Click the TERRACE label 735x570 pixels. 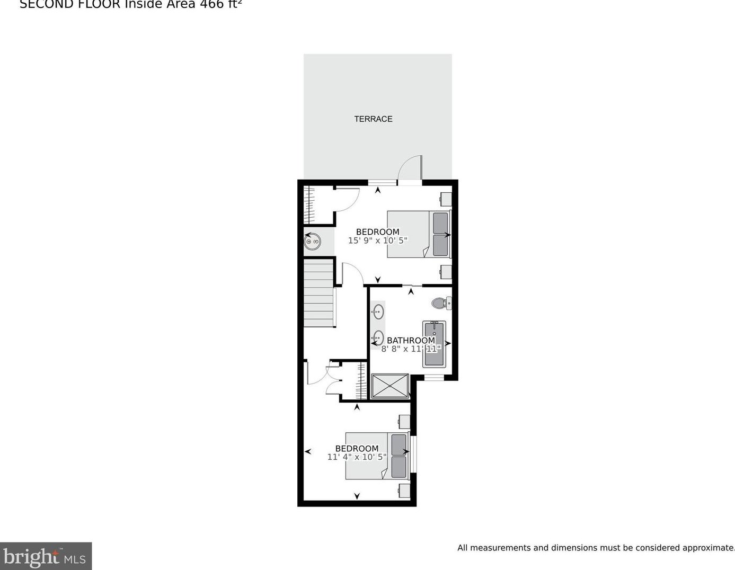pyautogui.click(x=373, y=119)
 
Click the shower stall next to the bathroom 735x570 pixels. pyautogui.click(x=390, y=386)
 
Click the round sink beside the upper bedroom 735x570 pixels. pyautogui.click(x=312, y=242)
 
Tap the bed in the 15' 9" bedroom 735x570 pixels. pyautogui.click(x=418, y=234)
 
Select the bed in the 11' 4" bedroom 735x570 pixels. pyautogui.click(x=376, y=456)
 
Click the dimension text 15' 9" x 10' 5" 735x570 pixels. pyautogui.click(x=377, y=241)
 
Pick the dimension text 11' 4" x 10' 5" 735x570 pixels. pyautogui.click(x=357, y=457)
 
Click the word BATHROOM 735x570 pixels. pyautogui.click(x=411, y=341)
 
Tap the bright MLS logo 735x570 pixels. pyautogui.click(x=46, y=556)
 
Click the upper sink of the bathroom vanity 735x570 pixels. pyautogui.click(x=378, y=311)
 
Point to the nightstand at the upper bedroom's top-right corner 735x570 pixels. pyautogui.click(x=446, y=200)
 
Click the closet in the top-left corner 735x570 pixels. pyautogui.click(x=317, y=205)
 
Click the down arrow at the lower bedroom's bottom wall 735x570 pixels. pyautogui.click(x=357, y=496)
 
